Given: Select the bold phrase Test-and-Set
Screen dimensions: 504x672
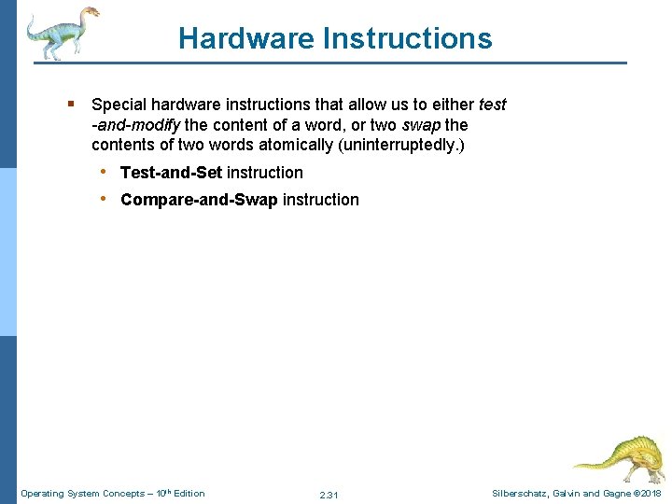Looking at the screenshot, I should click(172, 173).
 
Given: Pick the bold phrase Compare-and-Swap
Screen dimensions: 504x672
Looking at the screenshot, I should click(199, 200).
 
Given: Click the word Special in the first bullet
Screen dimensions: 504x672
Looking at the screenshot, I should click(119, 105).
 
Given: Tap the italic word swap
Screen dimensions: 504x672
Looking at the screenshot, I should click(421, 125).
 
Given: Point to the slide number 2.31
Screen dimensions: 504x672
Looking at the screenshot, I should click(329, 495).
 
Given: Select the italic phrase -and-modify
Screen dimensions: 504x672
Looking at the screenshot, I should click(135, 125).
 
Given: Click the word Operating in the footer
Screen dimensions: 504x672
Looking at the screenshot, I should click(41, 494).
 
